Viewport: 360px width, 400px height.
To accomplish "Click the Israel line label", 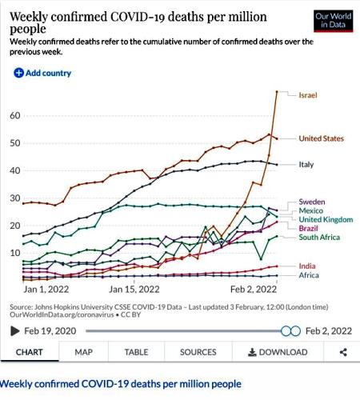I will coord(308,95).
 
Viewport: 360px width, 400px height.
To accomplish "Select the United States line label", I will coord(321,138).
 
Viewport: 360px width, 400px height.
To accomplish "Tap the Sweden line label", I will coord(311,201).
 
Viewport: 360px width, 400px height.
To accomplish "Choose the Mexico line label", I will coord(310,210).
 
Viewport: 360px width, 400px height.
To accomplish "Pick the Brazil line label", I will coord(308,228).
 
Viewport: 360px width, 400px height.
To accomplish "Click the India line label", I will coord(307,266).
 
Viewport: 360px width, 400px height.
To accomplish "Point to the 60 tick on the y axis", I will coord(14,116).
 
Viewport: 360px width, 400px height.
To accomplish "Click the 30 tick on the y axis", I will coord(14,198).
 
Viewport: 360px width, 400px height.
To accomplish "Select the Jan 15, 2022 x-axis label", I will coord(132,289).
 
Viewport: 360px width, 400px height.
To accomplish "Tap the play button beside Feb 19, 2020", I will coord(14,330).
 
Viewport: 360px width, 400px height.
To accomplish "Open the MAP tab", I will coord(84,352).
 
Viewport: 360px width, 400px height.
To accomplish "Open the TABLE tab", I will coord(136,352).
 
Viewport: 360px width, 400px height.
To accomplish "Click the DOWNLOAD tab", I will coord(277,352).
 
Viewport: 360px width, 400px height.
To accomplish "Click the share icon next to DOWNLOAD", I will coord(343,352).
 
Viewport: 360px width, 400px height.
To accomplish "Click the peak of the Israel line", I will coord(277,91).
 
